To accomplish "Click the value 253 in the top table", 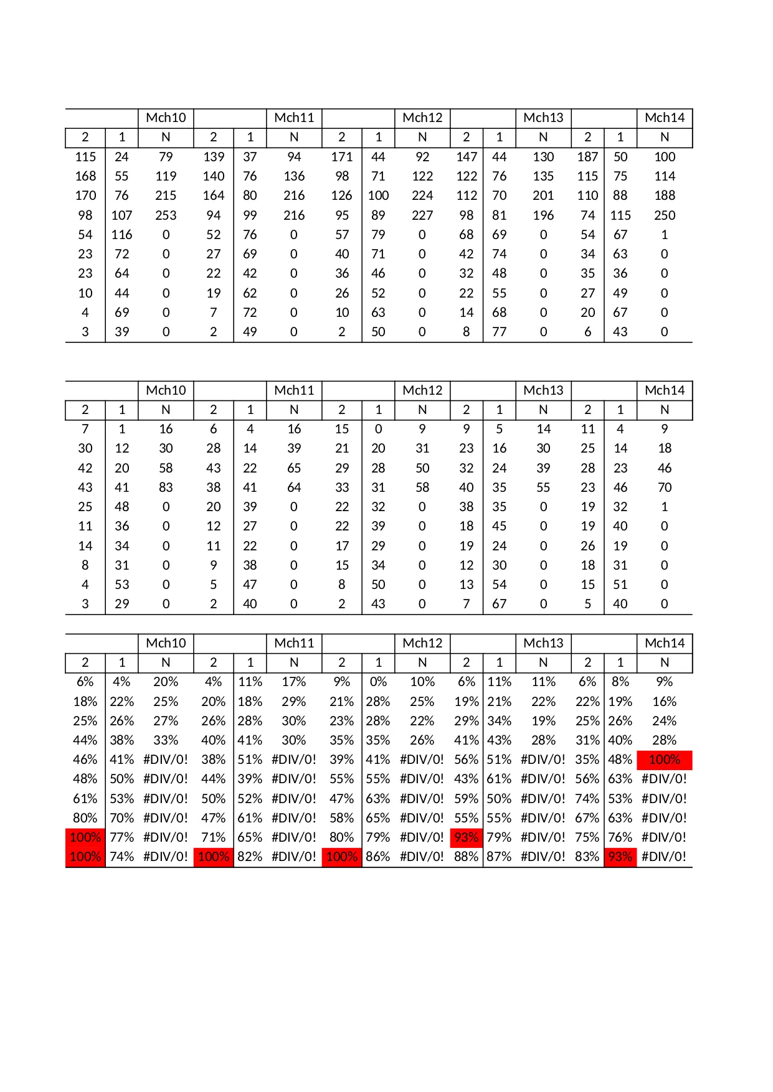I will click(166, 215).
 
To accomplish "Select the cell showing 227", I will click(422, 215).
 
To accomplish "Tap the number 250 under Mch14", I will click(665, 215).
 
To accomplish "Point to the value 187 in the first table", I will click(587, 157).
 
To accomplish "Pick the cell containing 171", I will click(342, 157).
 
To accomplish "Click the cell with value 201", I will click(543, 195).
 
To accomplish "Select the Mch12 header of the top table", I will click(422, 118).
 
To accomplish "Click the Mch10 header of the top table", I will click(166, 118).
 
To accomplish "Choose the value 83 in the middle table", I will click(166, 487).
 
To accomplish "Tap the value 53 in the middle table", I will click(122, 585).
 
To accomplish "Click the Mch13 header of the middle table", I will click(543, 390).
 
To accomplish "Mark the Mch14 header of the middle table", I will click(665, 390).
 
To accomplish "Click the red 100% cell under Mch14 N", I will click(665, 760).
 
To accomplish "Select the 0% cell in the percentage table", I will click(378, 682).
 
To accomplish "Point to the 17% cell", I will click(294, 682).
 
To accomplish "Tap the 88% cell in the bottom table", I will click(466, 857).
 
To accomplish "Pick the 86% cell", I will click(378, 857).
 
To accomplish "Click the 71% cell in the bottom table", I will click(213, 837).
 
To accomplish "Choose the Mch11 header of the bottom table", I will click(294, 643).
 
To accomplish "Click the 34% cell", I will click(499, 721).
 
